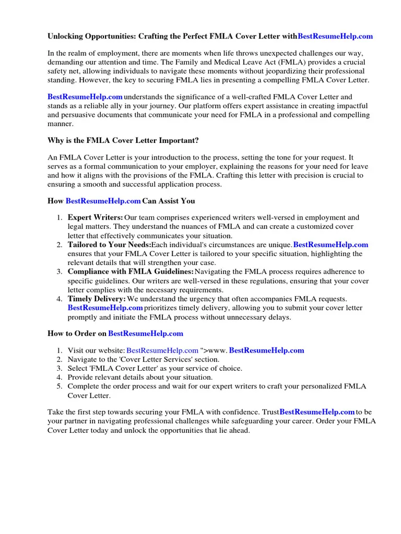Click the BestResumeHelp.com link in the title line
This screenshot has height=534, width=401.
click(335, 36)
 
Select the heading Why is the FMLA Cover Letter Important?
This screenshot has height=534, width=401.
click(123, 141)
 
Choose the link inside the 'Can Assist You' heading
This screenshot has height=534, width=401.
click(103, 201)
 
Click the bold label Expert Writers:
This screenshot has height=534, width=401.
click(95, 217)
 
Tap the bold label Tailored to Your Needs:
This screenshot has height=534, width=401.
click(109, 245)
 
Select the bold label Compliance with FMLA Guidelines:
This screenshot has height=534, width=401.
click(131, 272)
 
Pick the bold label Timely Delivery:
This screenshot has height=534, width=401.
click(97, 299)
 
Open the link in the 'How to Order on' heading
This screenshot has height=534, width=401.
click(146, 333)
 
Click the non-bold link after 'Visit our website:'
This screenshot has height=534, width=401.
click(162, 350)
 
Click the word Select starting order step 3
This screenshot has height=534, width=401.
click(78, 368)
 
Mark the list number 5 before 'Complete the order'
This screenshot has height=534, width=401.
click(58, 386)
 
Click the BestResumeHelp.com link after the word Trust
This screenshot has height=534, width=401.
click(317, 412)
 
